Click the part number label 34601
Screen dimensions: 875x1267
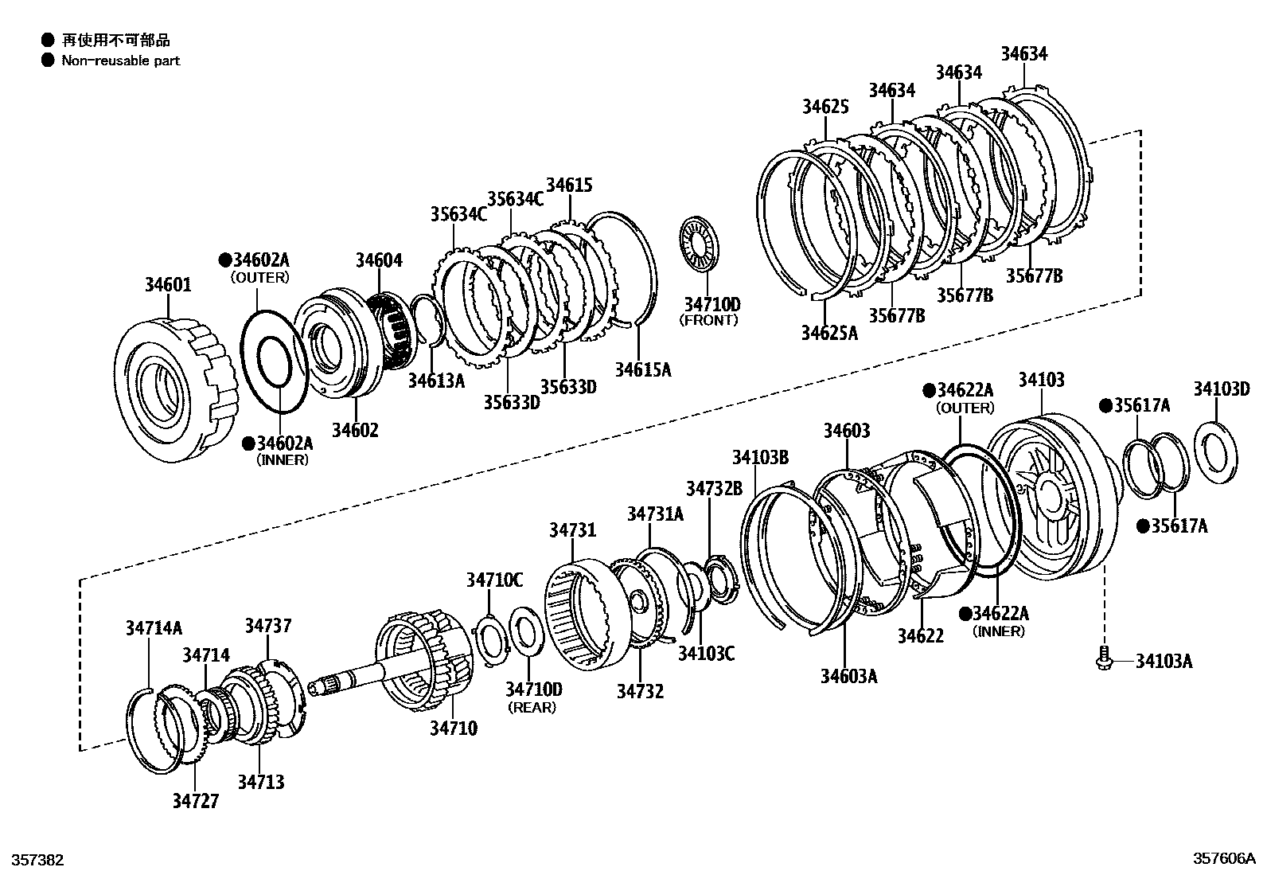tap(168, 284)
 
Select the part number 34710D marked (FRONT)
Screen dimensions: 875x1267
tap(711, 304)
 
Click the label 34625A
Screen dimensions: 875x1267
tap(829, 332)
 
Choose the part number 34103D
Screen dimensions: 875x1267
tap(1221, 389)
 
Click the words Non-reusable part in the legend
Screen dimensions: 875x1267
tap(121, 61)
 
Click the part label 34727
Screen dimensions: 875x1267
tap(195, 800)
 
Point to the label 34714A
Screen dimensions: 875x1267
tap(154, 627)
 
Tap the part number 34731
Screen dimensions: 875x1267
tap(572, 530)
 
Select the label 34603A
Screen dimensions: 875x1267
tap(848, 676)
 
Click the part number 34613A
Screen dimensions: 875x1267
tap(436, 381)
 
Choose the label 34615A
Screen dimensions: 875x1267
tap(642, 369)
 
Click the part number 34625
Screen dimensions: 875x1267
tap(825, 107)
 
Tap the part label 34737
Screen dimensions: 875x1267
tap(268, 626)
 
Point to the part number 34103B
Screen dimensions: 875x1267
tap(760, 457)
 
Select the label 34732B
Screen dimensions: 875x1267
tap(714, 487)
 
